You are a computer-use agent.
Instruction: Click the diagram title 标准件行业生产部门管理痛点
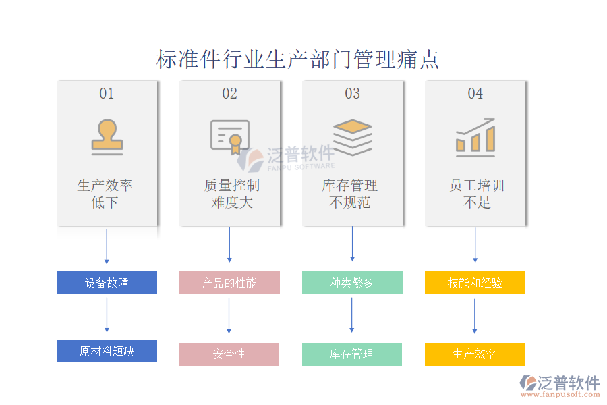point(297,59)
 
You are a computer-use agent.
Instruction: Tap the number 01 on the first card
point(107,94)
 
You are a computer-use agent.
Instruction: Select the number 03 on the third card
point(352,94)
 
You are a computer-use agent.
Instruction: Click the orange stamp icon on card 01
point(107,137)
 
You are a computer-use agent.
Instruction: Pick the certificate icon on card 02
point(229,137)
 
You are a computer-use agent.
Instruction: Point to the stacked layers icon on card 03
point(352,137)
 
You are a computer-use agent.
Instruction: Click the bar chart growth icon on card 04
point(475,137)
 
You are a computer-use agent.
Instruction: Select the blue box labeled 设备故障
point(107,283)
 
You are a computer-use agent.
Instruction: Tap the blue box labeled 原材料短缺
point(107,351)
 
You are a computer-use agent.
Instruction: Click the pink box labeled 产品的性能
point(229,283)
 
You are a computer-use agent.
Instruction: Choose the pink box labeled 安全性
point(229,354)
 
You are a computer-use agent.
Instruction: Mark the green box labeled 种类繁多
point(352,283)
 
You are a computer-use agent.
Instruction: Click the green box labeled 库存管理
point(352,354)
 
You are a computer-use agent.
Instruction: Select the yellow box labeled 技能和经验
point(475,283)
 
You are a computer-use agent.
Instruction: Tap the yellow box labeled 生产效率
point(475,354)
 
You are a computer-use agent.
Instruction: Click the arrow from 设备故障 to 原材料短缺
point(107,315)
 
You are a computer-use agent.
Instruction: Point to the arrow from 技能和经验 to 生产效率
point(475,317)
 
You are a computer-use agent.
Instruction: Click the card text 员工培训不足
point(476,194)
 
